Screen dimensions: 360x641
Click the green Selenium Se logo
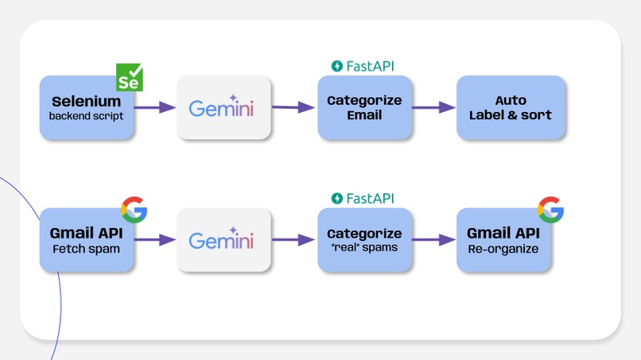click(130, 77)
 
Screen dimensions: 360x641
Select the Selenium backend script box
click(86, 109)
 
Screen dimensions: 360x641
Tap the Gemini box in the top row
click(223, 108)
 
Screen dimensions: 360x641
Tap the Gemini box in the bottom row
click(223, 240)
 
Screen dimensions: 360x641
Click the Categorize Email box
click(365, 108)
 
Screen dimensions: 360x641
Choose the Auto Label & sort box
click(511, 108)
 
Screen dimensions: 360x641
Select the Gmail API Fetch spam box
click(86, 240)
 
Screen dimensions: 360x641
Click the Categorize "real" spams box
click(365, 240)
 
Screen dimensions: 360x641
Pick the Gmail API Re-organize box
click(503, 240)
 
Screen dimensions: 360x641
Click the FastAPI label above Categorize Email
click(363, 66)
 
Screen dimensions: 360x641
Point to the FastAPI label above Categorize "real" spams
click(363, 198)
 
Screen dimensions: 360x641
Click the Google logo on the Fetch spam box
click(134, 210)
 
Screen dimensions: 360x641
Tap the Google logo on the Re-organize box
click(550, 210)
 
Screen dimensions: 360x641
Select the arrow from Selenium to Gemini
click(155, 107)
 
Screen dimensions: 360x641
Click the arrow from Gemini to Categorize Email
click(293, 107)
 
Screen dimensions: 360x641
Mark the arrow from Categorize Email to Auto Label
click(434, 107)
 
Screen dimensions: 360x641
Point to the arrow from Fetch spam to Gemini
click(155, 239)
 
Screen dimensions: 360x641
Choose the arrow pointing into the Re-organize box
click(434, 239)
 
